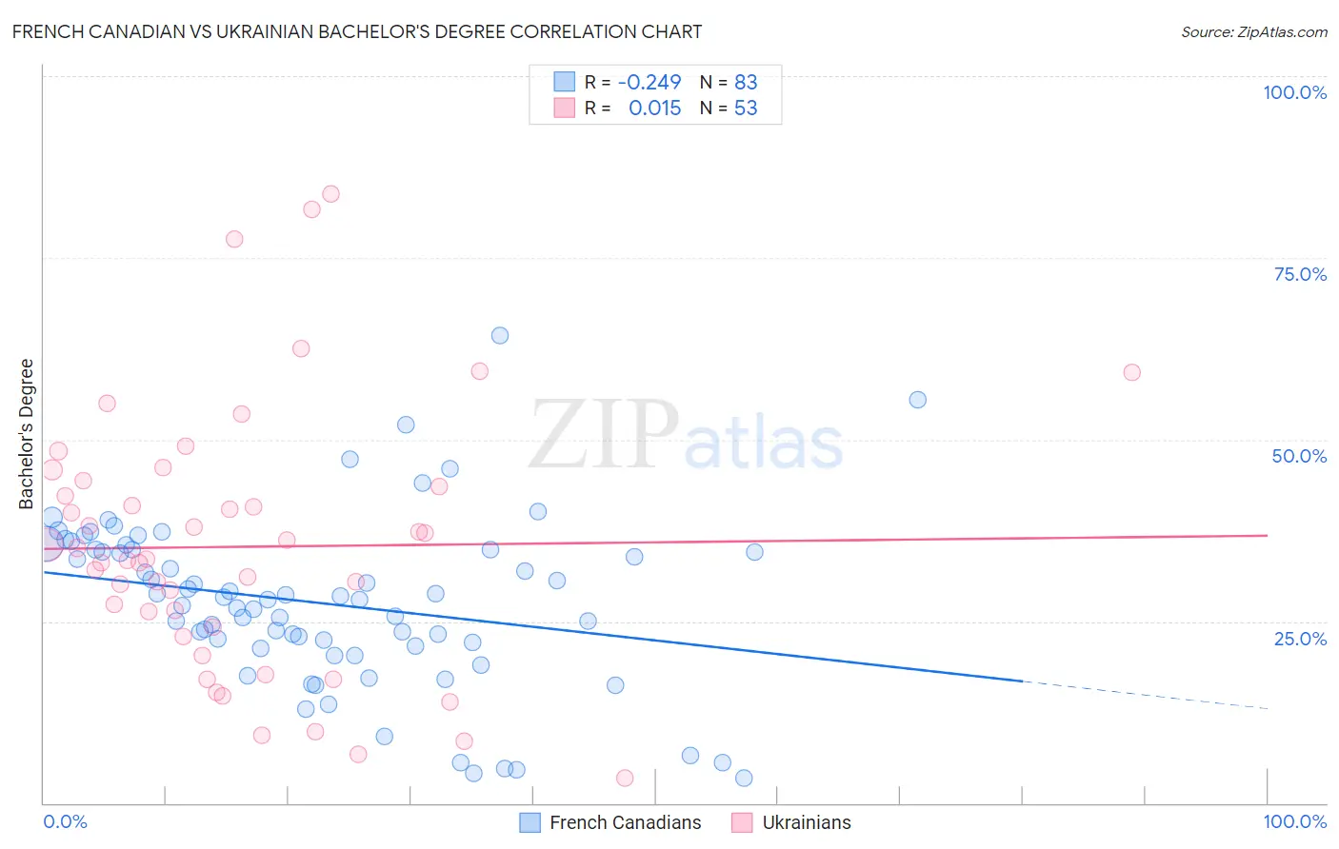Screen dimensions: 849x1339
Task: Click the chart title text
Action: (357, 31)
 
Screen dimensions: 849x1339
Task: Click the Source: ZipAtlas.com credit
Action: (1253, 31)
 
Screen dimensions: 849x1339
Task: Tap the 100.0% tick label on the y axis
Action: (1294, 92)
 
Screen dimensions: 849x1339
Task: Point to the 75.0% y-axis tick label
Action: (1300, 274)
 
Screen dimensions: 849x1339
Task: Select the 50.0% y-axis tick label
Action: (1299, 456)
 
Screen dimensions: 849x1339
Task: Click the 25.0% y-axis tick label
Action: (1300, 639)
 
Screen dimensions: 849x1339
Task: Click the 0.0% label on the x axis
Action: (65, 821)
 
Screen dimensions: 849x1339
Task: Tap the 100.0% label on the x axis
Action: (1294, 821)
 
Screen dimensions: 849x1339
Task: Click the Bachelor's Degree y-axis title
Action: (27, 434)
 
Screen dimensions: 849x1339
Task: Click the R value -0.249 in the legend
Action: (650, 83)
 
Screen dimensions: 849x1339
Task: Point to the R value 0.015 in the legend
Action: (655, 109)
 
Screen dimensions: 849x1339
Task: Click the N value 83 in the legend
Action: (746, 83)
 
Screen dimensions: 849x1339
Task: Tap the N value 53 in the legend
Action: (746, 109)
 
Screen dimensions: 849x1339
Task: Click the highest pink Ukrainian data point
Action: (330, 194)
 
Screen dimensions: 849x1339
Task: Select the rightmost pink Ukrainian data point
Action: (1131, 372)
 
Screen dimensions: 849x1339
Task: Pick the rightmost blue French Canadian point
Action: (917, 400)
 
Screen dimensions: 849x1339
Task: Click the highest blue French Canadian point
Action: (500, 335)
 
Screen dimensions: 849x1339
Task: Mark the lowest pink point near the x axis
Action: (625, 779)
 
